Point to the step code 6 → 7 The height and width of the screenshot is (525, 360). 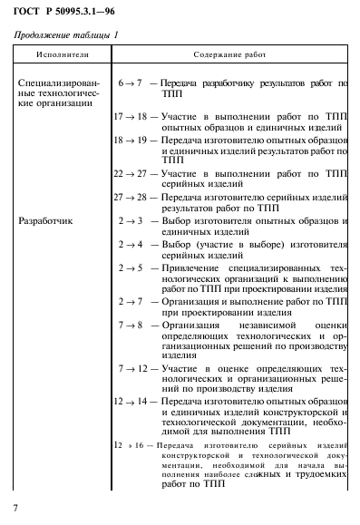[x=132, y=83]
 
